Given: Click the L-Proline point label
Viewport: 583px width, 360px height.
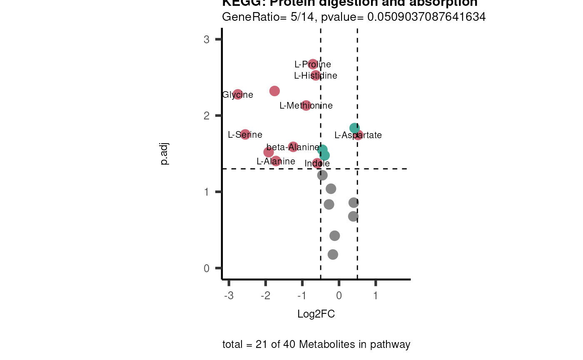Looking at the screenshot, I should click(x=312, y=65).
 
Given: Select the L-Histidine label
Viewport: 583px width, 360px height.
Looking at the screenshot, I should click(x=315, y=76).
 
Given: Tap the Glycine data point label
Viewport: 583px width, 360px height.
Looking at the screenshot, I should click(x=237, y=95).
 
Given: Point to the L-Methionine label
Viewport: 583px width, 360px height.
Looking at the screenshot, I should click(x=306, y=106).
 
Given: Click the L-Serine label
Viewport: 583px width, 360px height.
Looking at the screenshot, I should click(x=245, y=135).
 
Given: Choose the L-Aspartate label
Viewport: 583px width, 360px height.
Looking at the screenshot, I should click(x=358, y=135).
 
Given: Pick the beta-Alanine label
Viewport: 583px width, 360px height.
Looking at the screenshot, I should click(x=292, y=147).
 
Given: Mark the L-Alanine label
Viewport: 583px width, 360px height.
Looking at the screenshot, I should click(x=276, y=161).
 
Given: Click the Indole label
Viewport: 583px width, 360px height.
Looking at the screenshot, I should click(x=317, y=164).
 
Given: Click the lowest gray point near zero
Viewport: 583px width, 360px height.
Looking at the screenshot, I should click(x=333, y=254).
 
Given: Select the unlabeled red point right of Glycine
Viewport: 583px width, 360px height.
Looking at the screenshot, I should click(x=274, y=91).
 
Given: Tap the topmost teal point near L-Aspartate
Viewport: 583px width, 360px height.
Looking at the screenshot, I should click(x=354, y=128).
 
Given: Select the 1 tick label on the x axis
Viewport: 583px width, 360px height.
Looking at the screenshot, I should click(x=376, y=296).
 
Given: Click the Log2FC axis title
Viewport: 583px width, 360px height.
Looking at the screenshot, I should click(x=316, y=314).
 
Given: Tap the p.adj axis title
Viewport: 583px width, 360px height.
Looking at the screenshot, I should click(x=165, y=154).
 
